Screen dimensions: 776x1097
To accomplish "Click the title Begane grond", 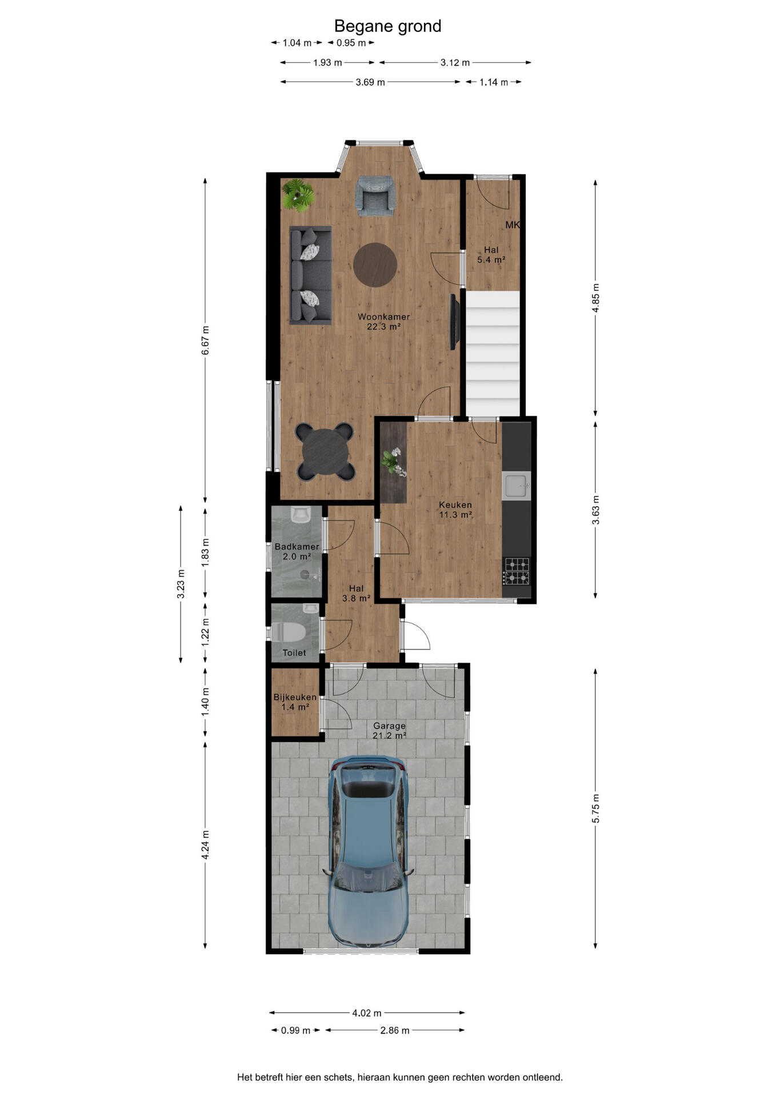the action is pyautogui.click(x=387, y=26).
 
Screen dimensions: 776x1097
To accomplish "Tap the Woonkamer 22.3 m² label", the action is pyautogui.click(x=383, y=322).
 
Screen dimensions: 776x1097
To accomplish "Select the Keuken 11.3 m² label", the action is pyautogui.click(x=455, y=510).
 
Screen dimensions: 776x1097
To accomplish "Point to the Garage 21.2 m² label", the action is pyautogui.click(x=389, y=731).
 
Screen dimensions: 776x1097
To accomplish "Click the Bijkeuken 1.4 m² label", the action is pyautogui.click(x=295, y=702).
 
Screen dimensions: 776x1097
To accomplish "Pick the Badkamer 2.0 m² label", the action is pyautogui.click(x=297, y=551).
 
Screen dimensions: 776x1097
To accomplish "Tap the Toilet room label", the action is pyautogui.click(x=294, y=652).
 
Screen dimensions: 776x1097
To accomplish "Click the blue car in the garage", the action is pyautogui.click(x=369, y=851).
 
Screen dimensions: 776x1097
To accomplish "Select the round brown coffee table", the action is pyautogui.click(x=375, y=265).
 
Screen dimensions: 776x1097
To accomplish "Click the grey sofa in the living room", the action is pyautogui.click(x=310, y=275).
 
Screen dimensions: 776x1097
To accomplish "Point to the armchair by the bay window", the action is pyautogui.click(x=375, y=196).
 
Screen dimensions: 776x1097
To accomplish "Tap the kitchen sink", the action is pyautogui.click(x=517, y=486).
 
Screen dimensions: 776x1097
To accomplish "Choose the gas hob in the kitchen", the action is pyautogui.click(x=517, y=571).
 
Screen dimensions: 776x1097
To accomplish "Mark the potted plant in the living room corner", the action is pyautogui.click(x=298, y=195).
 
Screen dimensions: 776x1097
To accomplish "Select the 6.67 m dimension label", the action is pyautogui.click(x=205, y=341).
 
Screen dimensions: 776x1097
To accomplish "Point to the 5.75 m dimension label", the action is pyautogui.click(x=595, y=808).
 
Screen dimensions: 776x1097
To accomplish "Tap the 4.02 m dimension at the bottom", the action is pyautogui.click(x=366, y=1013).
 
